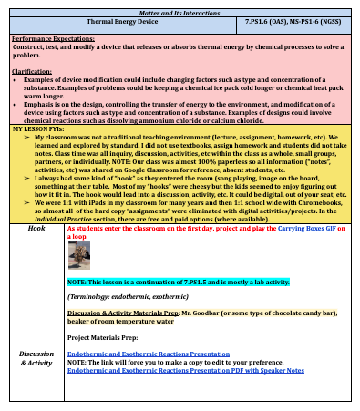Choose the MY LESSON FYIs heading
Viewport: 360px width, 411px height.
(36, 129)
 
